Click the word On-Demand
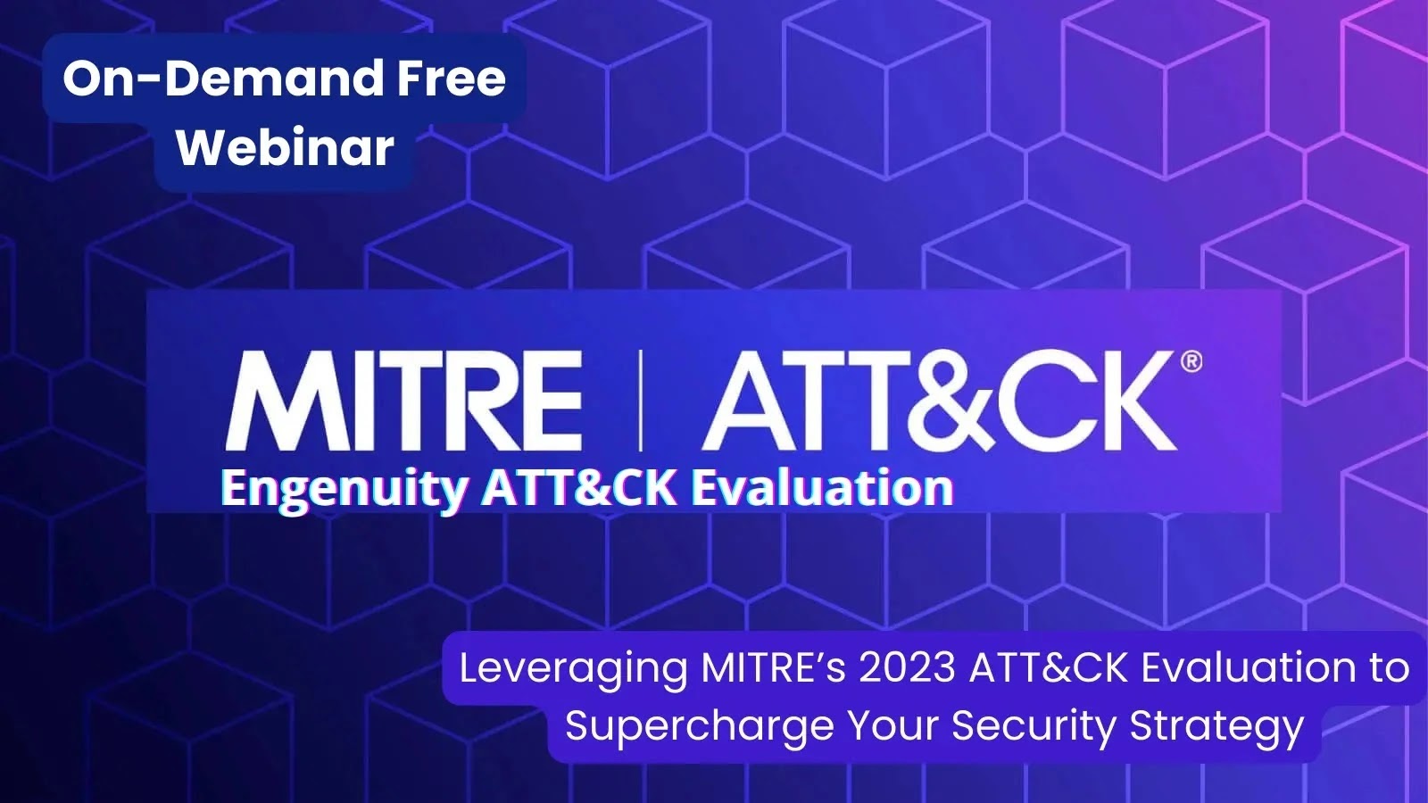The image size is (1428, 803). coord(217,79)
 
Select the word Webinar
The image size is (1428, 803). coord(285,147)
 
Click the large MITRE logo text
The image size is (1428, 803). coord(404,401)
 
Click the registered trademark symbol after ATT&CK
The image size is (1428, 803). coord(1191,362)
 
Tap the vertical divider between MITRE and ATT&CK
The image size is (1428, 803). coord(641,401)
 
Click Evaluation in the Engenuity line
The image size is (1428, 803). coord(823,486)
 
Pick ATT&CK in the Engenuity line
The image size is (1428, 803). coord(579,487)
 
